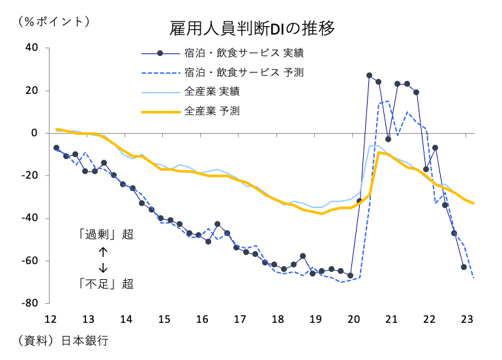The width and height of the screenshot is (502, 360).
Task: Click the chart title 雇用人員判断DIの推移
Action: point(252,29)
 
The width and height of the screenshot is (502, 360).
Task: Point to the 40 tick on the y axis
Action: point(33,48)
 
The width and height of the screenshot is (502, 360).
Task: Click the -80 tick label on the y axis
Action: point(31,303)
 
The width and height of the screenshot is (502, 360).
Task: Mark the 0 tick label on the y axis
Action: point(37,133)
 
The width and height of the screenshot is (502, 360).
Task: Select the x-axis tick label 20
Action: point(354,320)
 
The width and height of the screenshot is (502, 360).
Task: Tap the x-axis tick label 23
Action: point(467,320)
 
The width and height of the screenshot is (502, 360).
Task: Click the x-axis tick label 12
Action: point(51,320)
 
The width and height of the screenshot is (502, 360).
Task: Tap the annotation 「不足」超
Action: point(105,284)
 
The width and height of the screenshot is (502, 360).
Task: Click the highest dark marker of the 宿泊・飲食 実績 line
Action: point(369,76)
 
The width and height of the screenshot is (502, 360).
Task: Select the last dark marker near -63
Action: point(464,267)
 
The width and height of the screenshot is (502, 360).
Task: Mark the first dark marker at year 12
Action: point(56,148)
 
